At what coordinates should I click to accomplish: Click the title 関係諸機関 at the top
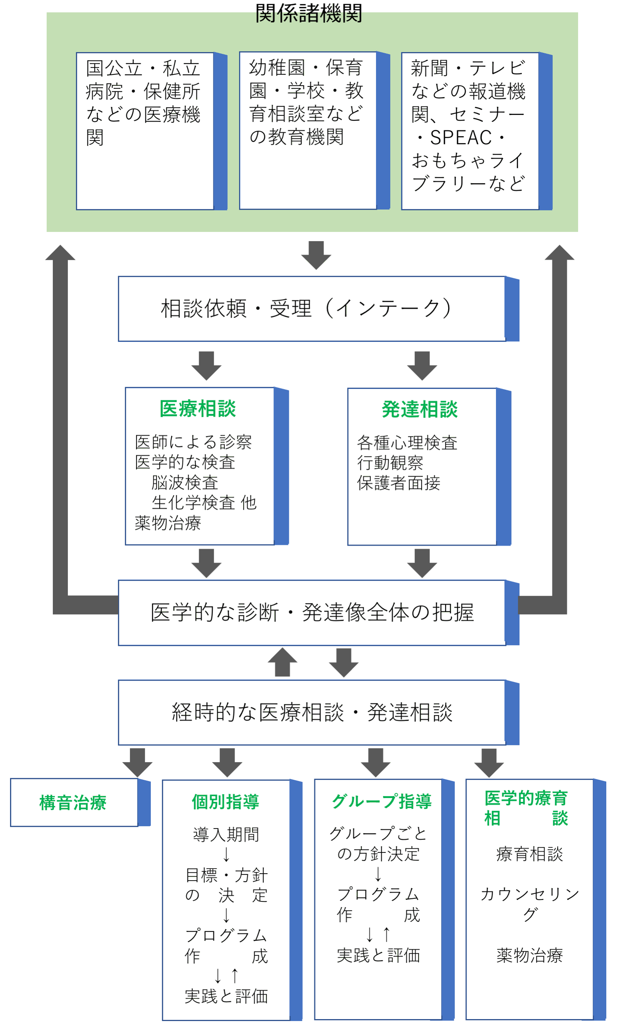click(308, 14)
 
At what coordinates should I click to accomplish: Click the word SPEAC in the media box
click(460, 138)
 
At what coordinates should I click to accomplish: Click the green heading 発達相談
click(420, 409)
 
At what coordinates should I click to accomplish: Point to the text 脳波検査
click(185, 482)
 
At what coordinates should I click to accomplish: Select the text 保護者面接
click(398, 483)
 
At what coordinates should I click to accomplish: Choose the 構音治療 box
click(73, 802)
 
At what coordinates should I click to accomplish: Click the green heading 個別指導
click(225, 801)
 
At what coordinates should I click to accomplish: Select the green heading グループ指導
click(381, 801)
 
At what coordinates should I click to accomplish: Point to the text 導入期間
click(226, 834)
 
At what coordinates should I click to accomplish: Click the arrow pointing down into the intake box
click(316, 255)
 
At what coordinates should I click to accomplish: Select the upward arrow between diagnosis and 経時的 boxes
click(282, 662)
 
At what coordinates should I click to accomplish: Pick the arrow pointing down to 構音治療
click(137, 762)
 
